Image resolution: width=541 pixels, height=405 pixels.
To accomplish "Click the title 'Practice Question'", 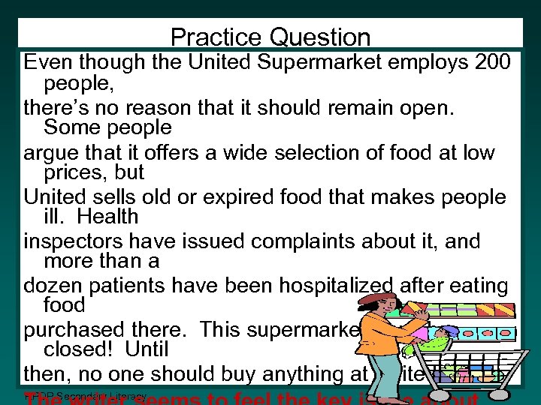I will [x=270, y=37].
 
